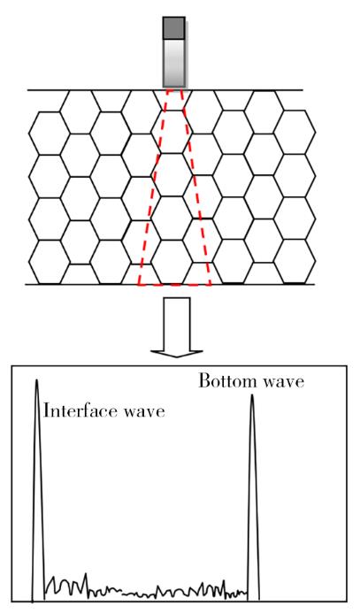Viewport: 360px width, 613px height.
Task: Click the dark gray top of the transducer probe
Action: coord(174,28)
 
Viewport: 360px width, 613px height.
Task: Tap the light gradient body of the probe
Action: coord(174,63)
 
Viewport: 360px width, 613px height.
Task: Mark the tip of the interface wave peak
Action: coord(37,379)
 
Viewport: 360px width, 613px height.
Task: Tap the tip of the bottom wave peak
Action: coord(252,395)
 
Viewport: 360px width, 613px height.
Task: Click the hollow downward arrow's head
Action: coord(177,353)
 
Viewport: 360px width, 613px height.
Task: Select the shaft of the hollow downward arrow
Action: coord(177,324)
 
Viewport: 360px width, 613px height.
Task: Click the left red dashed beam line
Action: coord(153,188)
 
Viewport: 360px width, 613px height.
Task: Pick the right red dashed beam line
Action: coord(195,188)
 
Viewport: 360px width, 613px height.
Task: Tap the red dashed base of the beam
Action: coord(174,285)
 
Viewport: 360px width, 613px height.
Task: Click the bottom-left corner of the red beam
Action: coord(138,285)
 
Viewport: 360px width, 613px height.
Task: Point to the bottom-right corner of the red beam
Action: coord(211,285)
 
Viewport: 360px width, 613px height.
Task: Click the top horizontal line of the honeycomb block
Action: coord(165,90)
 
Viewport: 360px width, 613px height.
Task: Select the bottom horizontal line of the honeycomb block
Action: coord(170,284)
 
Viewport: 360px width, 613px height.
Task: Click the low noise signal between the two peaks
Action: coord(145,589)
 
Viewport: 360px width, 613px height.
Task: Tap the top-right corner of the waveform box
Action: coord(347,366)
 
